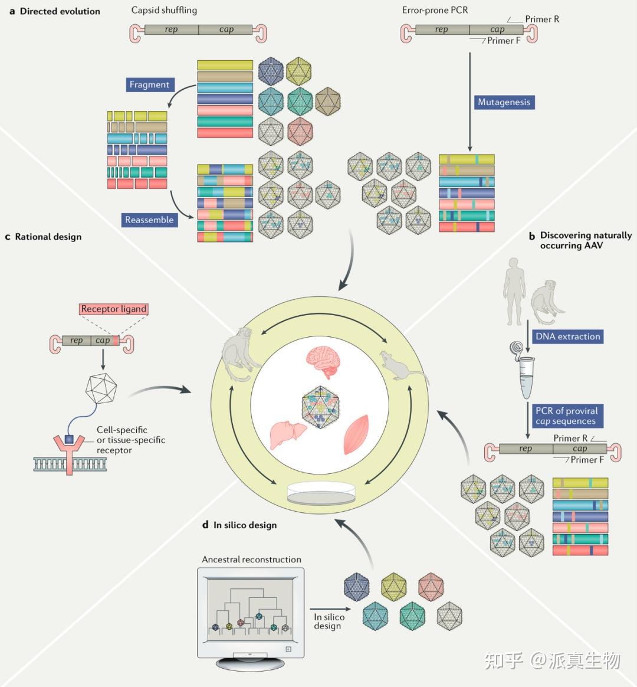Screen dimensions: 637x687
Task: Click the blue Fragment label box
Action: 150,84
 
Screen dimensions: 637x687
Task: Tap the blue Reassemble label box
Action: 149,220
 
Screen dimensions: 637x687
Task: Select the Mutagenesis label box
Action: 504,102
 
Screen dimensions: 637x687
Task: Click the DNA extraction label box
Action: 568,336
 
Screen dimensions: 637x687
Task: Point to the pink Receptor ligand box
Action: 114,309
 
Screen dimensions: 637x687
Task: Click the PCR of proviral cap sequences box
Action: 566,416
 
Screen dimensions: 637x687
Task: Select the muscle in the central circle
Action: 356,434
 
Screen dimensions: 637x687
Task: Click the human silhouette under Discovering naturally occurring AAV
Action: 514,292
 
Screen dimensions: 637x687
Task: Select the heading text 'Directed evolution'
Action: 60,11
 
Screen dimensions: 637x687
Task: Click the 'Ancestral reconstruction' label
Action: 251,560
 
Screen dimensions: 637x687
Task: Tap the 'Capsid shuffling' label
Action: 164,10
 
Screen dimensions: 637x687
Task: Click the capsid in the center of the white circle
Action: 321,407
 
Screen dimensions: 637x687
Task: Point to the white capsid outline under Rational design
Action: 101,388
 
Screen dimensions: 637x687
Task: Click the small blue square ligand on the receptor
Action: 69,439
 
